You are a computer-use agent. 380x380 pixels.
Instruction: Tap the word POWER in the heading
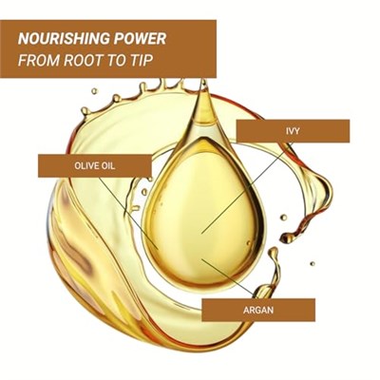[136, 39]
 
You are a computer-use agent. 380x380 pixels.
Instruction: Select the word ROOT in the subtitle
[83, 60]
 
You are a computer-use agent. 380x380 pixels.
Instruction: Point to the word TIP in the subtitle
[138, 60]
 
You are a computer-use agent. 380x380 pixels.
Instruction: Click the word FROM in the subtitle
[39, 60]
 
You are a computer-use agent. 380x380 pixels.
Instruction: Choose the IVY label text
[293, 131]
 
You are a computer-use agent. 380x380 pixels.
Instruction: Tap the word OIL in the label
[108, 165]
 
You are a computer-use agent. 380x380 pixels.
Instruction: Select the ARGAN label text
[258, 310]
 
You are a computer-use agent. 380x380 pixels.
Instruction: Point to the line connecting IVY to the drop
[246, 188]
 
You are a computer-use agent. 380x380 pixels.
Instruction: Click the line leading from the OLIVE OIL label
[128, 213]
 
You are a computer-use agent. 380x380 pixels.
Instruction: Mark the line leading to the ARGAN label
[227, 278]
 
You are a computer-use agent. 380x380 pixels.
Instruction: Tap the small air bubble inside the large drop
[249, 243]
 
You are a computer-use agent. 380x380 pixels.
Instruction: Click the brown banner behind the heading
[108, 48]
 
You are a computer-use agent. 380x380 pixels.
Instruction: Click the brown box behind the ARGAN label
[258, 310]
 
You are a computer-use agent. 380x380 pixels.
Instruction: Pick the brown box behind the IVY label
[293, 131]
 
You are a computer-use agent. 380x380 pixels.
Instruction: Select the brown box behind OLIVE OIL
[95, 165]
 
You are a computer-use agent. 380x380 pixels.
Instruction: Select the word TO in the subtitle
[114, 60]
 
